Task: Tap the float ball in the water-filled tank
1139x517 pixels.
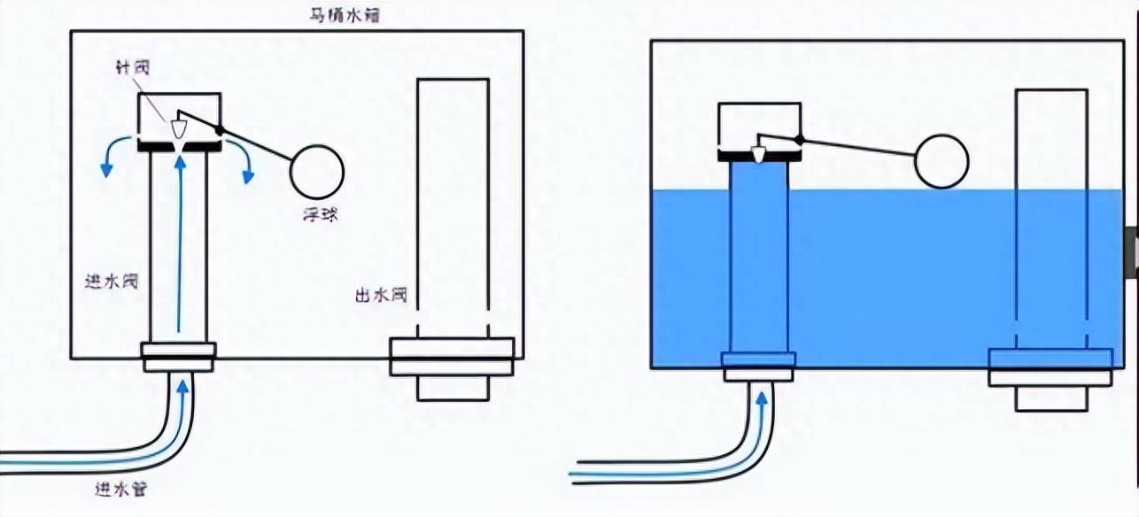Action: [941, 161]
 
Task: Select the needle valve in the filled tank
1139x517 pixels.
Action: [757, 153]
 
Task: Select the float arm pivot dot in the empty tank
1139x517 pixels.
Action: [221, 131]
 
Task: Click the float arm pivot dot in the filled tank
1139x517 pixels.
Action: [799, 140]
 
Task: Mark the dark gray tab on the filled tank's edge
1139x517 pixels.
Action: [1132, 250]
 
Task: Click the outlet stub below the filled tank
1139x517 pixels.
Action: [1050, 398]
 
